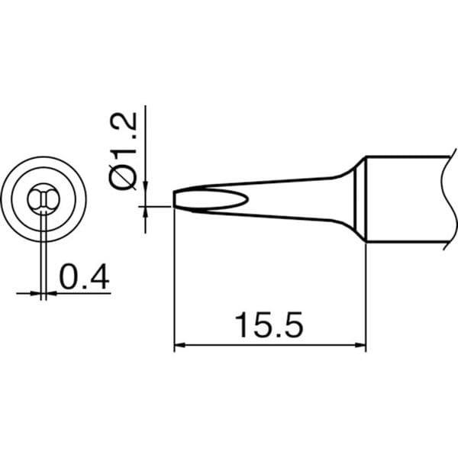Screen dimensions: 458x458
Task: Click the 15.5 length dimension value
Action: [x=269, y=324]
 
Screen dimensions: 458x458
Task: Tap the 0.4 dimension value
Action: [x=84, y=276]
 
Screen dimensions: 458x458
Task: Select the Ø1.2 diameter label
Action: [x=123, y=151]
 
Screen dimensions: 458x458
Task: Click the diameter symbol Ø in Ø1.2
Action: [x=123, y=177]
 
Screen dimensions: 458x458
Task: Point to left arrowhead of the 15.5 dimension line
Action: [x=179, y=346]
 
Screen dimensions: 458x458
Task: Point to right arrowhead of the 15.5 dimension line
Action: [x=360, y=346]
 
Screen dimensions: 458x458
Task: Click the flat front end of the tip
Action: [x=174, y=199]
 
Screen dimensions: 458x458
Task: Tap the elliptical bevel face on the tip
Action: [x=211, y=199]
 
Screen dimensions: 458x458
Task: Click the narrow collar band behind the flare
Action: [x=360, y=199]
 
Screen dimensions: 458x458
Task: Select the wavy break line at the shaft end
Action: [x=449, y=199]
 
